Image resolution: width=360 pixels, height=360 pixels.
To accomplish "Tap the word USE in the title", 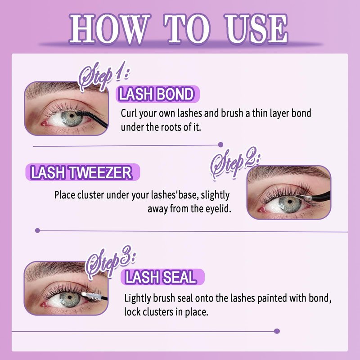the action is (x=256, y=29).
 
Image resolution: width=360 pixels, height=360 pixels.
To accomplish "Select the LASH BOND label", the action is (x=157, y=94).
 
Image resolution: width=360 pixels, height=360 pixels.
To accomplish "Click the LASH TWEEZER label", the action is (x=82, y=172).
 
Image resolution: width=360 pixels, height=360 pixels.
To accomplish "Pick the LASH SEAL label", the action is (x=162, y=277).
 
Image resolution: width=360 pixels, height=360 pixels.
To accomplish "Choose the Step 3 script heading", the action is (x=110, y=262).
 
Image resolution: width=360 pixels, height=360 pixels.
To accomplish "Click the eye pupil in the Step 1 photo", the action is (x=72, y=116).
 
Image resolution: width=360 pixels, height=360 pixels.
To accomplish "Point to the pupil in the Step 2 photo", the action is (x=290, y=202).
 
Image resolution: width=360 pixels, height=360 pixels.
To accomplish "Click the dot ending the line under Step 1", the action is (x=220, y=144).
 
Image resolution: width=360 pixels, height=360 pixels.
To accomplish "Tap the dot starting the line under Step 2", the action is (x=37, y=230).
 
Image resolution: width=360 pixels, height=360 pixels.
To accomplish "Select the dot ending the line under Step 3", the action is (x=277, y=331).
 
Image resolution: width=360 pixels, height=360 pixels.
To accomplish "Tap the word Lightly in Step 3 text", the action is (x=138, y=298).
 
